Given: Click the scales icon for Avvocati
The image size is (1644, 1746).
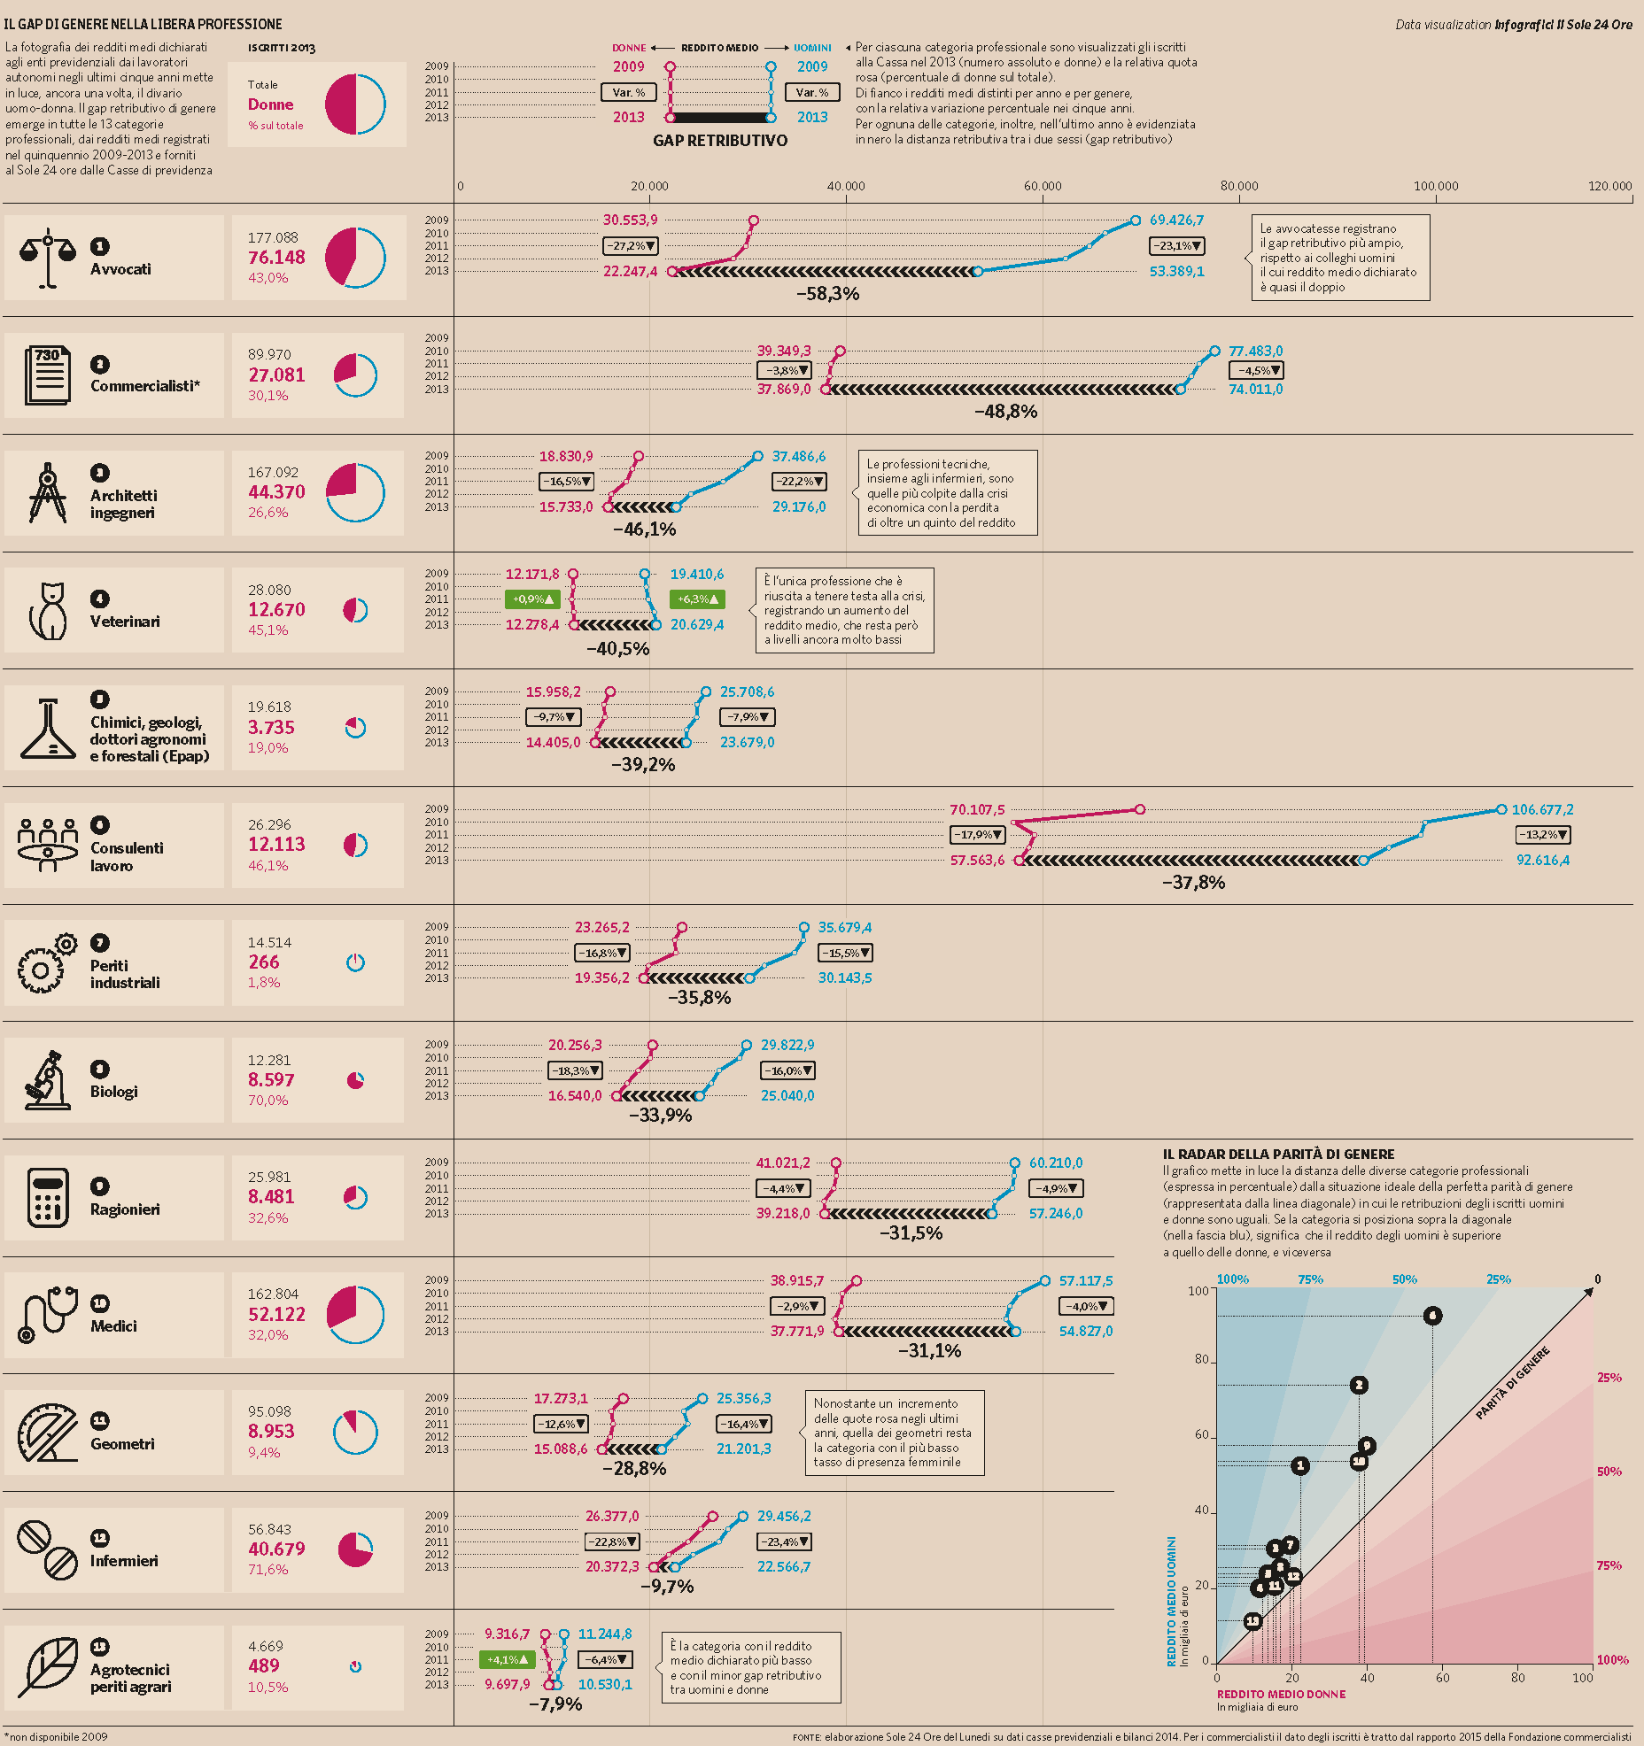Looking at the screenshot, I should pyautogui.click(x=48, y=259).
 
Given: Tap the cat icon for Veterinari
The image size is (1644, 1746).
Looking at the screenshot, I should pyautogui.click(x=49, y=611).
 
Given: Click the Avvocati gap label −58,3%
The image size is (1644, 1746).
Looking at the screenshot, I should pyautogui.click(x=827, y=294).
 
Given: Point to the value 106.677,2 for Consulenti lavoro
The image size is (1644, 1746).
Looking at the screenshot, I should pyautogui.click(x=1542, y=810).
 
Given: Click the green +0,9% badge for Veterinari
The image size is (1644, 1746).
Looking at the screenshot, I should pyautogui.click(x=532, y=599).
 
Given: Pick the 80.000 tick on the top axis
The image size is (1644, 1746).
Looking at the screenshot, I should pyautogui.click(x=1239, y=187).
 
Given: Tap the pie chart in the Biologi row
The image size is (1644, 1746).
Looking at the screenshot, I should pyautogui.click(x=355, y=1080).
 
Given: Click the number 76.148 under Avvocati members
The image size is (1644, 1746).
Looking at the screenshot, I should pyautogui.click(x=276, y=258).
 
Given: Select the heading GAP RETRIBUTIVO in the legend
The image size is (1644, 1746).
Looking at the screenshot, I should pyautogui.click(x=720, y=141).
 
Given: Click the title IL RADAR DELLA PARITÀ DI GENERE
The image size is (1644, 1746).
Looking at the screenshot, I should pyautogui.click(x=1278, y=1155).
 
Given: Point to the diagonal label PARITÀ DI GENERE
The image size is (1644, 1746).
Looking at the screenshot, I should pyautogui.click(x=1512, y=1383).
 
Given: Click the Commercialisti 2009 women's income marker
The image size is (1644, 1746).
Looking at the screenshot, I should pyautogui.click(x=840, y=352).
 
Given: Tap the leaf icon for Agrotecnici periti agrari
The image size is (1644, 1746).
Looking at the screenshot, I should pyautogui.click(x=48, y=1666).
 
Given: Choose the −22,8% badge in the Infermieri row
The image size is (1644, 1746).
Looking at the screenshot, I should pyautogui.click(x=612, y=1541).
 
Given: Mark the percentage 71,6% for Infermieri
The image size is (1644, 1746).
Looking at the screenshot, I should pyautogui.click(x=268, y=1570).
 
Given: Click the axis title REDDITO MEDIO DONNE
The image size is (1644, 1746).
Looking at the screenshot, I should pyautogui.click(x=1281, y=1694).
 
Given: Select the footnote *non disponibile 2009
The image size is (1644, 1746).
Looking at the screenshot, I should pyautogui.click(x=56, y=1737).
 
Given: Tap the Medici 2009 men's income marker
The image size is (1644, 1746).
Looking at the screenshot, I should pyautogui.click(x=1045, y=1281).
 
